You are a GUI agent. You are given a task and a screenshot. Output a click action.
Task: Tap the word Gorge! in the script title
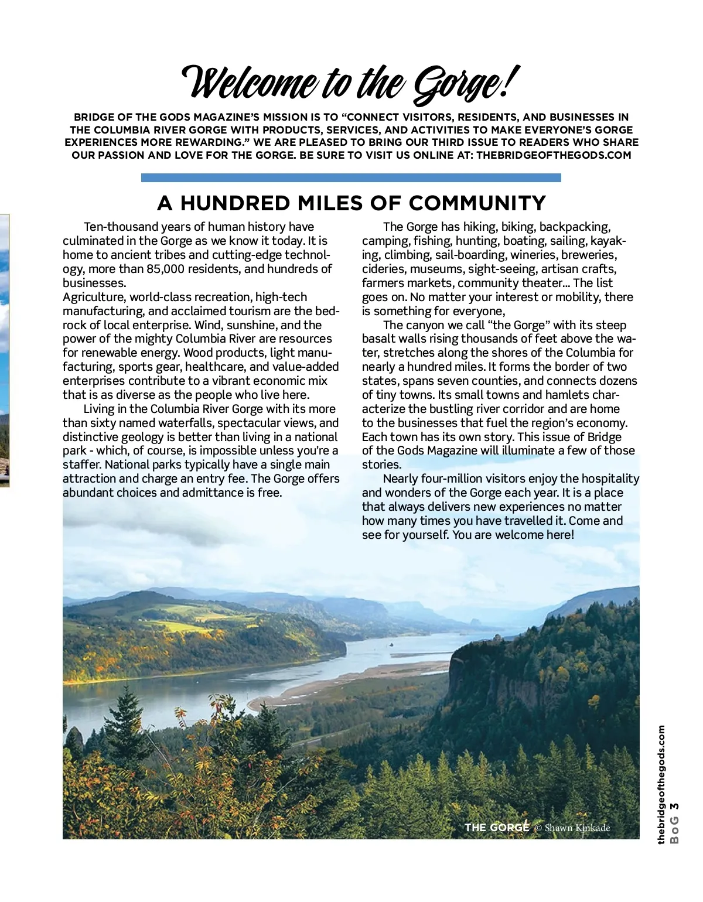[463, 84]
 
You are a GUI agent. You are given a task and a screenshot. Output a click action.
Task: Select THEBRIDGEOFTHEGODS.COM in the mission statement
[554, 155]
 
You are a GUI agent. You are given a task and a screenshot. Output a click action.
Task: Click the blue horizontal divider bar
[351, 177]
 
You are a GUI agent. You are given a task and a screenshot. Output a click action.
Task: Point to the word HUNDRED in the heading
[235, 203]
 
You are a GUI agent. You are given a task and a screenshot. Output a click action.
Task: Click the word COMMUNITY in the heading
[477, 203]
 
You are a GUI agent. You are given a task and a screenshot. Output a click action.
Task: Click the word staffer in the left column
[80, 465]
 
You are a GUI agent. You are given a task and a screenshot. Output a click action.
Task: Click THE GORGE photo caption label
[497, 827]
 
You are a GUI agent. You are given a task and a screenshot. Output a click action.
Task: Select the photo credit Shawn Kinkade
[577, 828]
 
